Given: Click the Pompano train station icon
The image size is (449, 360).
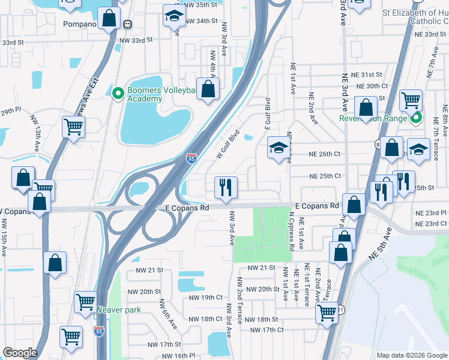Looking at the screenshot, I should (128, 24).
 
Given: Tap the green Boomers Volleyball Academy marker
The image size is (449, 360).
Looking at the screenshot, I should (118, 93).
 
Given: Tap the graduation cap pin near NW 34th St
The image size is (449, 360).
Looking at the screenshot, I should (174, 16).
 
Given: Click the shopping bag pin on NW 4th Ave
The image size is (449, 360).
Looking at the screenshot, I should (208, 89).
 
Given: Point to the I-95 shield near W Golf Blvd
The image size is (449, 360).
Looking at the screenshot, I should (191, 158).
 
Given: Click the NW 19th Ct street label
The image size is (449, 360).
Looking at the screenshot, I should (205, 298).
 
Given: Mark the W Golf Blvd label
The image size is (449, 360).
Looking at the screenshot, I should (228, 145).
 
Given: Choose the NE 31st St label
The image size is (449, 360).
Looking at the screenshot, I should (367, 74).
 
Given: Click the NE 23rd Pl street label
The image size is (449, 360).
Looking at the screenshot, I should (432, 212).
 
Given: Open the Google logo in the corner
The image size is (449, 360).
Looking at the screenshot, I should (20, 353).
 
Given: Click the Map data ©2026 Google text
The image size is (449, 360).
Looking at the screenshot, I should (411, 355).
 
